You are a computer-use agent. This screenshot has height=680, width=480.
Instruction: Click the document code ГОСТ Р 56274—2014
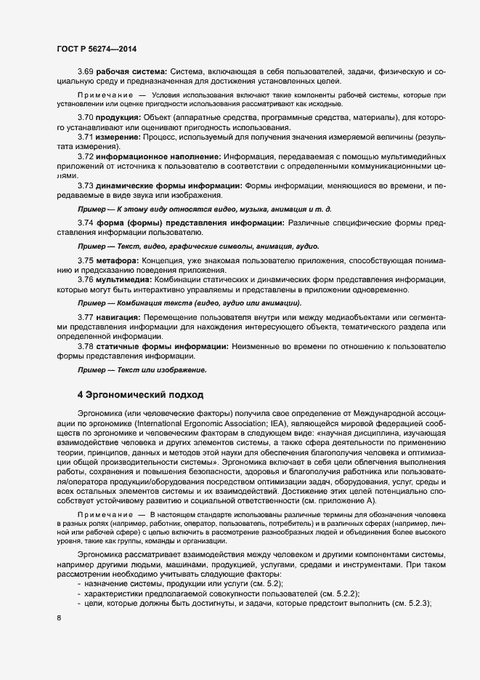(96, 49)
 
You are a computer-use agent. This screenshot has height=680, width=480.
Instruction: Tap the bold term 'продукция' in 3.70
(121, 119)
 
